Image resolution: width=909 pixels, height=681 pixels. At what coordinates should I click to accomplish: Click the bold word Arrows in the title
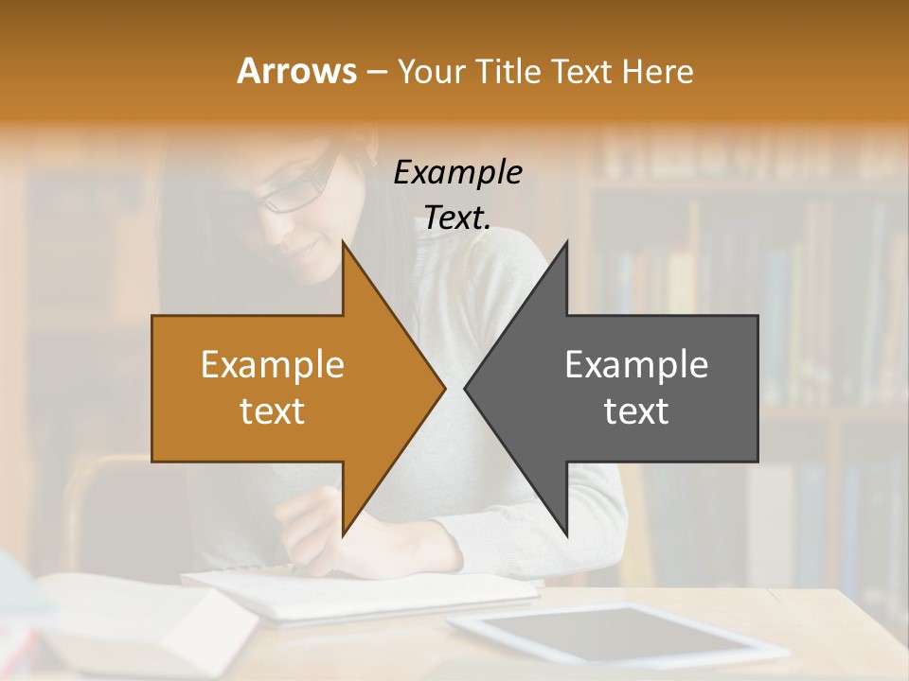click(x=296, y=71)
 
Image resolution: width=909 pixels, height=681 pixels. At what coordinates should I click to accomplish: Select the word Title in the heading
click(x=507, y=72)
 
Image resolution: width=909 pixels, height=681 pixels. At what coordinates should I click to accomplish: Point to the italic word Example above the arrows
click(x=457, y=172)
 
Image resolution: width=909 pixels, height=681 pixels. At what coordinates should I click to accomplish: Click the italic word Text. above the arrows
click(x=457, y=218)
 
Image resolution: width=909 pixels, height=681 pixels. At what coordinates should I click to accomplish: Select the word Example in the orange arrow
click(x=272, y=365)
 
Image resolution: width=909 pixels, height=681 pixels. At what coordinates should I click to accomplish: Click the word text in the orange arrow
click(x=272, y=411)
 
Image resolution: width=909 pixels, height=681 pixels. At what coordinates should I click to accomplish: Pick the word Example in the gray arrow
click(x=636, y=365)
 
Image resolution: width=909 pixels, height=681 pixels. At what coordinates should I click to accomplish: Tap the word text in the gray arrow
click(x=636, y=411)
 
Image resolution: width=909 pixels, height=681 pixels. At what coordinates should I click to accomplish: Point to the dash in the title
click(x=376, y=72)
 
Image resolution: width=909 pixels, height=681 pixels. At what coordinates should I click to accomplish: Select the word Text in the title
click(x=582, y=72)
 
